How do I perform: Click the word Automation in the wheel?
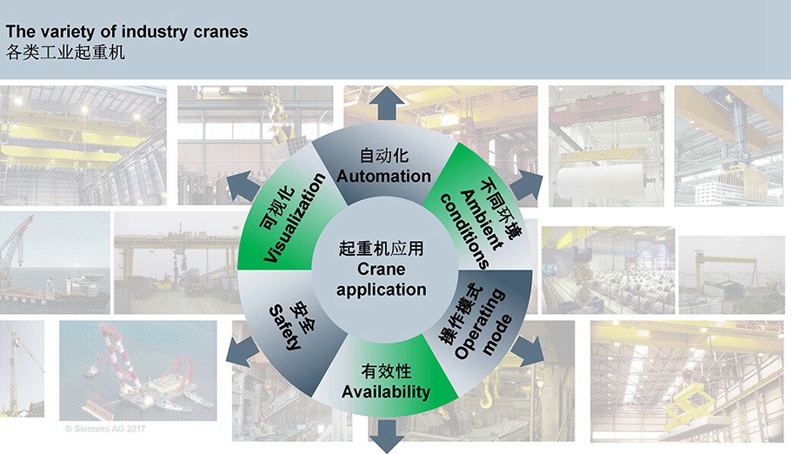pyautogui.click(x=383, y=176)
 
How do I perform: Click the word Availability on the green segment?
pyautogui.click(x=386, y=391)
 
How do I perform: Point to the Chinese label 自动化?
pyautogui.click(x=383, y=157)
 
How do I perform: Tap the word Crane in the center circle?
pyautogui.click(x=382, y=270)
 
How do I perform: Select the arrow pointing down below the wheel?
pyautogui.click(x=383, y=435)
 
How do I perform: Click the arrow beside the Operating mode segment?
pyautogui.click(x=527, y=350)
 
